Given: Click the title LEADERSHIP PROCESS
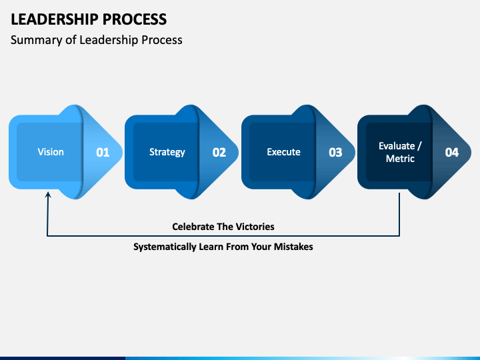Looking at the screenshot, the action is [89, 19].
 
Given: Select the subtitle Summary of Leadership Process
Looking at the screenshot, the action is [97, 40].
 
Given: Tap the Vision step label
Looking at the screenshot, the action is [51, 152].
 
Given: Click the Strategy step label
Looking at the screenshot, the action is [167, 152].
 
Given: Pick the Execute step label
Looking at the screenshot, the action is [283, 152].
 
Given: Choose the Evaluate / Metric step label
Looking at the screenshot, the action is [400, 152].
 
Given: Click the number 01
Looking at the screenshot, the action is [103, 153].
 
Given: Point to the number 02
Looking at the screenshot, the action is [219, 153].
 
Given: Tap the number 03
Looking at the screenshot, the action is [335, 153].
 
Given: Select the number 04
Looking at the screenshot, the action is [452, 153].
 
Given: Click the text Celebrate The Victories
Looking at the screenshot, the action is [223, 227].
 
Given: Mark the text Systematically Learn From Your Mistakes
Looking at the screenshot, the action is [223, 247].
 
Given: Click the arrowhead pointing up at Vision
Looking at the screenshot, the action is [48, 195].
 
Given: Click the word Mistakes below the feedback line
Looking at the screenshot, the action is [293, 247].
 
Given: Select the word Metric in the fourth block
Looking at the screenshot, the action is [400, 159].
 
